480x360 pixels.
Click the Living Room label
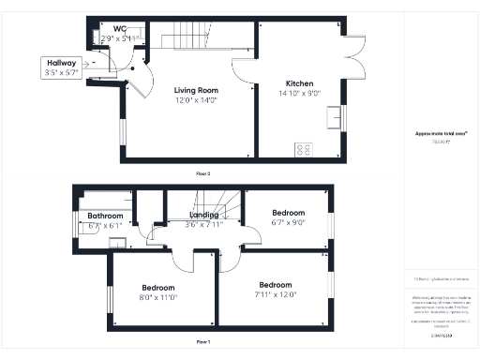click(197, 91)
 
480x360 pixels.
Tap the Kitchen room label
click(297, 83)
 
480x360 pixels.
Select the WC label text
click(120, 29)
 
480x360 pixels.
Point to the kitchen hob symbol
click(305, 148)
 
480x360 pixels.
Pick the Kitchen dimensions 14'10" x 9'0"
click(297, 93)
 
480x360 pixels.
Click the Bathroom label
click(105, 216)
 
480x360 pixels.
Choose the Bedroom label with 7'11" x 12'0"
click(276, 285)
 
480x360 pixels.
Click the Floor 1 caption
click(202, 341)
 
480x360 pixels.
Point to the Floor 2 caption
click(202, 173)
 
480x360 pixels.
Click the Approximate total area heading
click(441, 133)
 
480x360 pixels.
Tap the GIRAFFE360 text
click(441, 334)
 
